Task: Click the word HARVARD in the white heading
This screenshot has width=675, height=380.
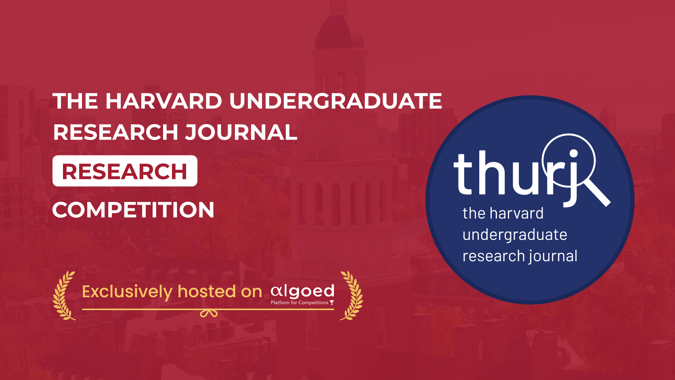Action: click(164, 101)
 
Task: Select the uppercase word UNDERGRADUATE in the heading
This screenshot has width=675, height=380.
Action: click(335, 101)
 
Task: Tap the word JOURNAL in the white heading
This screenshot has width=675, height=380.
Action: click(241, 132)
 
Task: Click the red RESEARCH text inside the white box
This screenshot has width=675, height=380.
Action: click(124, 172)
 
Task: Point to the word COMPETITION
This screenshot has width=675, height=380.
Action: click(133, 210)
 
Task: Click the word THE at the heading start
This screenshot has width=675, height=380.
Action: click(75, 101)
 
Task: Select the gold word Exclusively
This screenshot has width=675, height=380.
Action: click(127, 292)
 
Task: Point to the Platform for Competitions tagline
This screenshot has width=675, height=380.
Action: click(299, 302)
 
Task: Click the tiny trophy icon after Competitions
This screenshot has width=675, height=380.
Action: click(332, 302)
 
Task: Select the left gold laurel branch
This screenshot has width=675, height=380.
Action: click(63, 296)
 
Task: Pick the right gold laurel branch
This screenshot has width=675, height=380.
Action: click(352, 296)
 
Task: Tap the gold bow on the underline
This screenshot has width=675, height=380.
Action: click(209, 313)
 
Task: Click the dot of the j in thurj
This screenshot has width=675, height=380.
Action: click(573, 153)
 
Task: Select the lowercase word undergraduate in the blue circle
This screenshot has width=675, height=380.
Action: click(515, 235)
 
